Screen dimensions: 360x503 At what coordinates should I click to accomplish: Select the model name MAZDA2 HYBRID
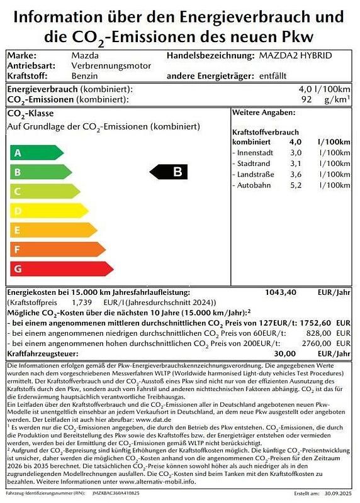click(295, 56)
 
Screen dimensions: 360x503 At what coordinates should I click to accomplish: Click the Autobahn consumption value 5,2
click(295, 185)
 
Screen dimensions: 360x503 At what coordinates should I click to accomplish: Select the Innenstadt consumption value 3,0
click(295, 153)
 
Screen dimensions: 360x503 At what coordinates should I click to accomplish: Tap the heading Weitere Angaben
click(264, 113)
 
